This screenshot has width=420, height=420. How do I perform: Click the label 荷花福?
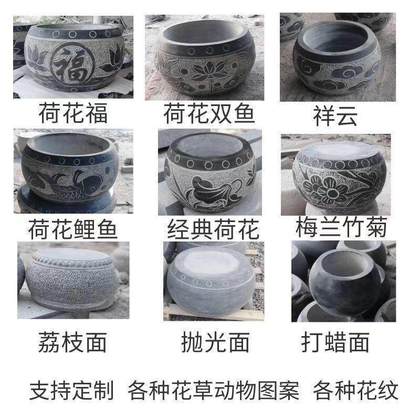click(x=73, y=113)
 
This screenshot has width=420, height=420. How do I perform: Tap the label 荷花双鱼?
click(x=209, y=113)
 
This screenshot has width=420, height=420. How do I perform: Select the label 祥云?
click(x=334, y=114)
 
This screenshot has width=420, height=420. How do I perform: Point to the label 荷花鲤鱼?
click(x=72, y=229)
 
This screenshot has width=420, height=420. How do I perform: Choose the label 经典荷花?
click(x=213, y=229)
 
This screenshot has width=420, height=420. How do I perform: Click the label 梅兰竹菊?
click(x=341, y=228)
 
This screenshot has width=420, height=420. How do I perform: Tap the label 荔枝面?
click(x=72, y=343)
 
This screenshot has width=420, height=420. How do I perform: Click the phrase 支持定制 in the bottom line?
click(x=71, y=390)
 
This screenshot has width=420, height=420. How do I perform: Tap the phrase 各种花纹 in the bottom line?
click(x=356, y=390)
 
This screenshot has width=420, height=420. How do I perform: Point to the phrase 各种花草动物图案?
click(x=213, y=390)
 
